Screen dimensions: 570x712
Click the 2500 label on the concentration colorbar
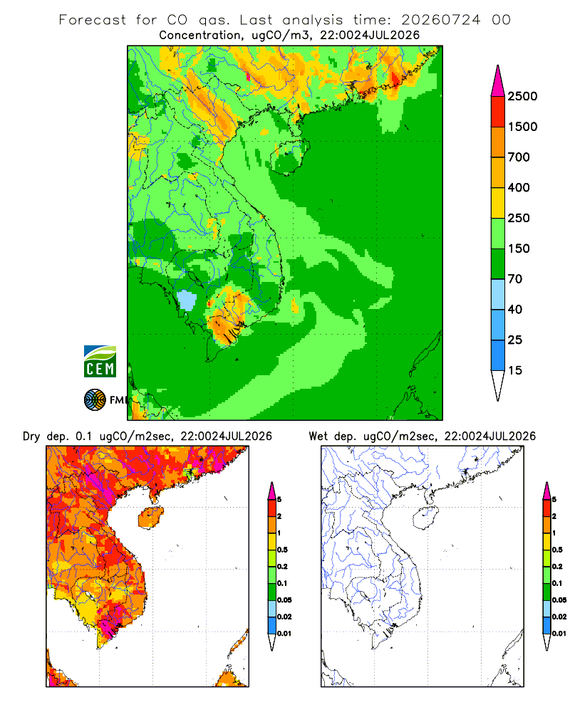click(522, 96)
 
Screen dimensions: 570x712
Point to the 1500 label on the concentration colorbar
click(522, 127)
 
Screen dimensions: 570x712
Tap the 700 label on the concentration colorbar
click(519, 157)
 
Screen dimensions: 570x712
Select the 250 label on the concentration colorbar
click(519, 218)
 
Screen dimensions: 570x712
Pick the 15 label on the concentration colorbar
click(515, 370)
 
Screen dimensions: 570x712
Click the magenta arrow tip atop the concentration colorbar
click(498, 80)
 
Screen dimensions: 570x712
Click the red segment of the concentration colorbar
click(498, 111)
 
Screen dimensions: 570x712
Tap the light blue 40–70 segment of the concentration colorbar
click(498, 294)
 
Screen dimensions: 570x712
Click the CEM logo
click(100, 362)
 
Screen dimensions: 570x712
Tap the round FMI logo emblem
click(95, 400)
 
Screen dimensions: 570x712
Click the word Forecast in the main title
click(93, 20)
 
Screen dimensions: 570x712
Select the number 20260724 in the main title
click(440, 20)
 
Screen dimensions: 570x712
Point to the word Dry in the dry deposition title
click(31, 436)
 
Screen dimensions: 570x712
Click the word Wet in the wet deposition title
click(318, 436)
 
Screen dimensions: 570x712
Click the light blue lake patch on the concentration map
click(187, 300)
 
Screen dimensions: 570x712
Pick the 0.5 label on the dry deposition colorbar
click(282, 550)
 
